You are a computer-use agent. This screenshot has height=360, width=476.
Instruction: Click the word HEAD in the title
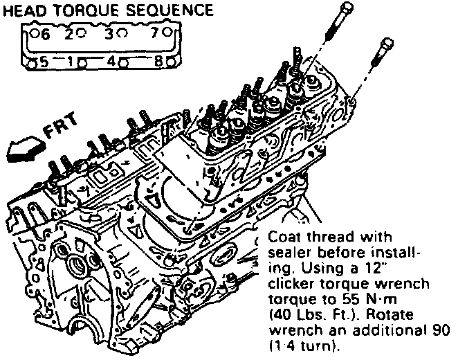tap(25, 10)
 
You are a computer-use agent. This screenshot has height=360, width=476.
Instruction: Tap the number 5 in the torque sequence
tap(44, 61)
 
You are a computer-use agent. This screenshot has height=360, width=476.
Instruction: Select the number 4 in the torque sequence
tap(113, 61)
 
